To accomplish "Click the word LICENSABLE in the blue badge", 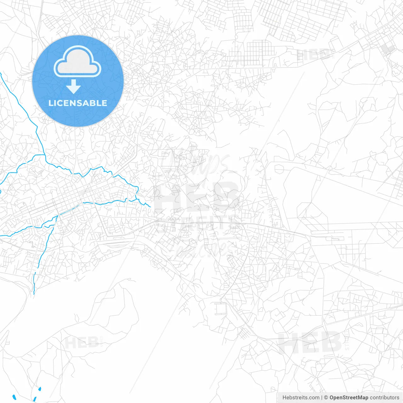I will coord(78,103).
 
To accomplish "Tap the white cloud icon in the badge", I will coord(77,62).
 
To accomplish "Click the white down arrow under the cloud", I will coord(74,87).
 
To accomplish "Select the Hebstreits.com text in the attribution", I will coord(301,398).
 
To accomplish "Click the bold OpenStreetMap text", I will coord(349,398).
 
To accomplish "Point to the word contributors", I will coord(384,398).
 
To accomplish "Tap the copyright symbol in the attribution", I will coord(326,398).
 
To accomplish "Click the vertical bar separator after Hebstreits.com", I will coord(321,398).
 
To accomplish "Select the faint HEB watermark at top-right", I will coord(314,54).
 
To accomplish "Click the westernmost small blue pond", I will coord(14,397).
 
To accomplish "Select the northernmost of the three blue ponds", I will coord(40,389).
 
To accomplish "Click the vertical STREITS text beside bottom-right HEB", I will coord(347,342).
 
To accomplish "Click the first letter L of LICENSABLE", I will coord(50,103).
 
